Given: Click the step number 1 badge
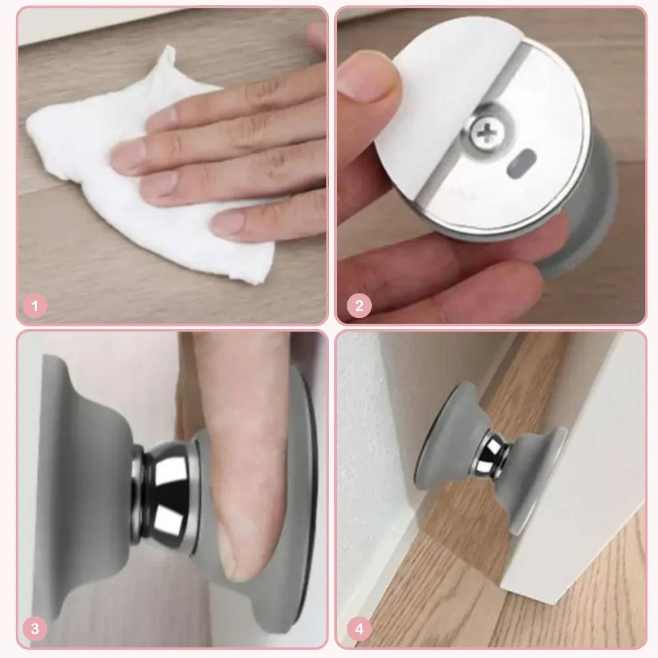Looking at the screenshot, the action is coord(35,305).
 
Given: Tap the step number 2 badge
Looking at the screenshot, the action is coord(359,305).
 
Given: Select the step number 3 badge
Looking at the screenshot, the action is coord(35,628).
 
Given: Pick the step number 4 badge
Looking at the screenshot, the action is coord(359,628).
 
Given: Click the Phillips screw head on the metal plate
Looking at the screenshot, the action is coord(487,134).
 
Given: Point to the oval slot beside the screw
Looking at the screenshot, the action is coord(521,163).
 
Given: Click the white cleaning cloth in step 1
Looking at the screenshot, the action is coord(138,176).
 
